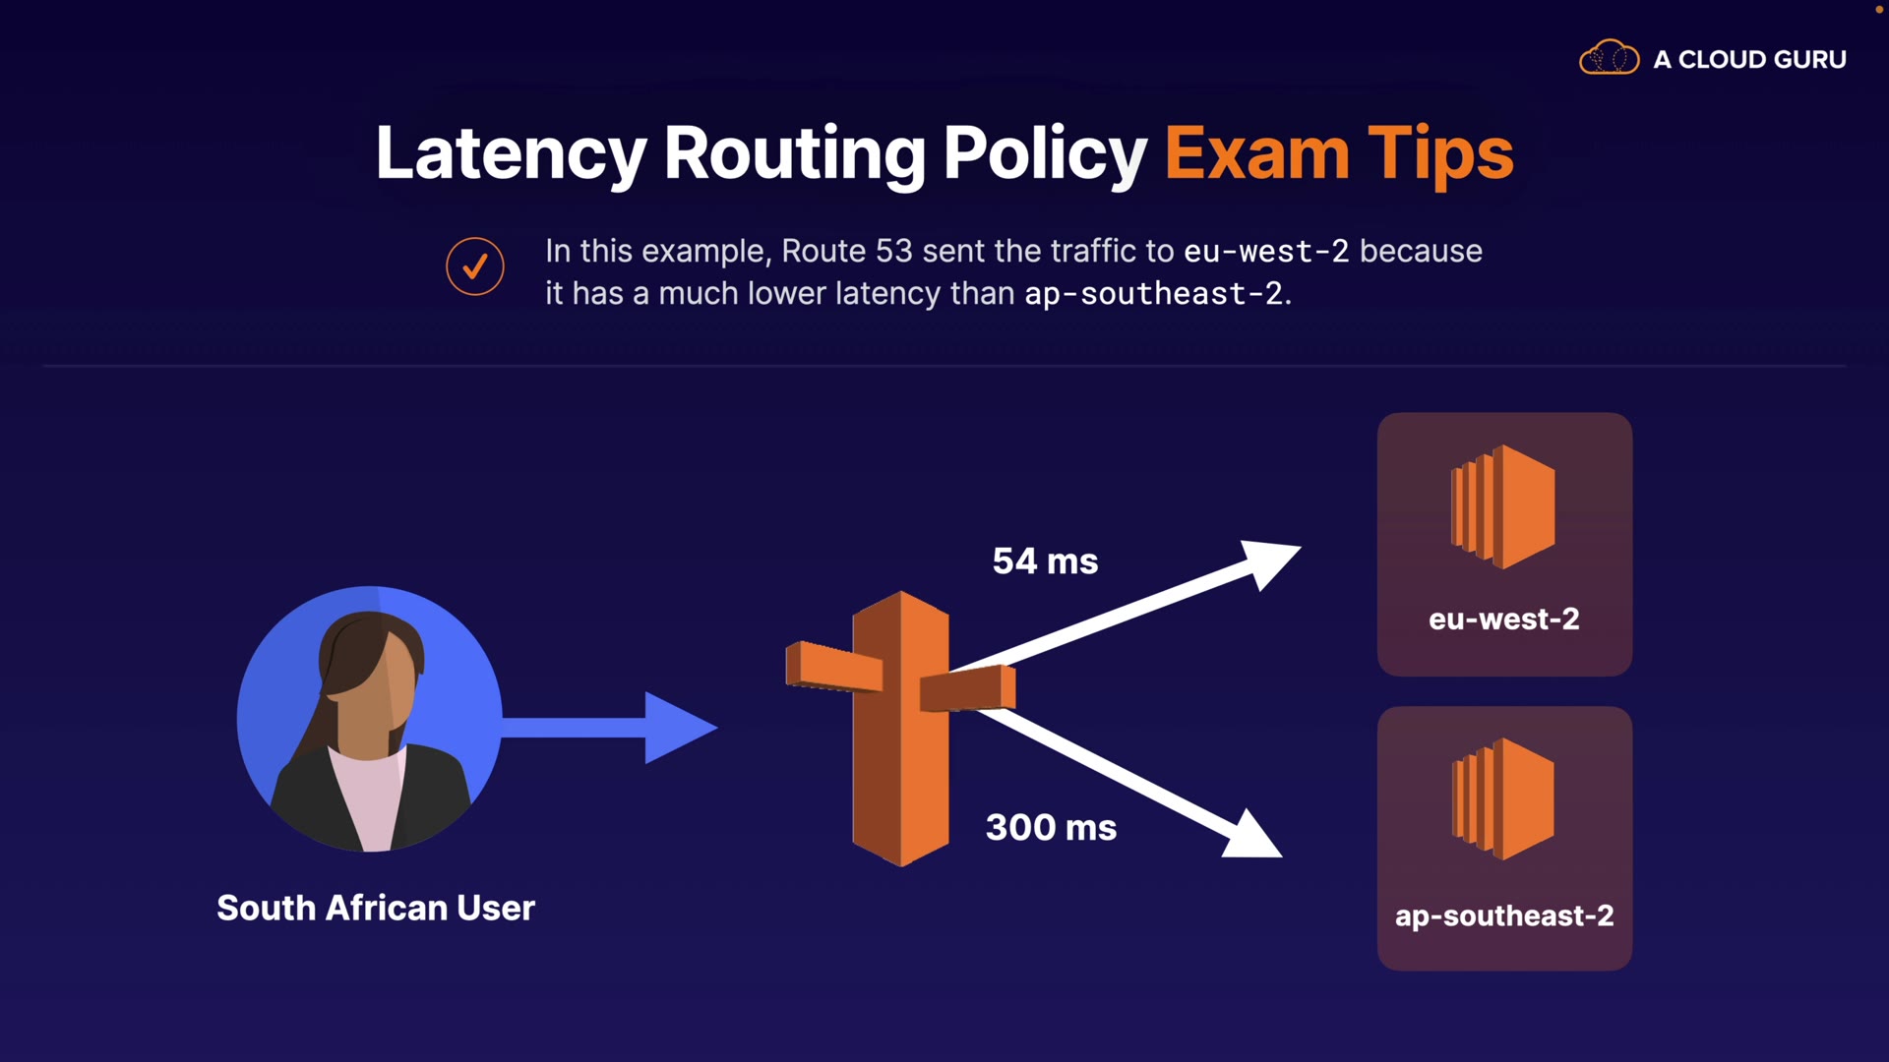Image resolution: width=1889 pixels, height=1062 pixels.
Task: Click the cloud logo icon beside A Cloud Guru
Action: tap(1609, 58)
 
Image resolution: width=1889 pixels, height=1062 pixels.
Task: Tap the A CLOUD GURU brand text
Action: tap(1749, 59)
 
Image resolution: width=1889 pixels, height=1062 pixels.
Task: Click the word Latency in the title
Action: tap(511, 153)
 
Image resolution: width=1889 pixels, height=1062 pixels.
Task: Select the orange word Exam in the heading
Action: tap(1256, 153)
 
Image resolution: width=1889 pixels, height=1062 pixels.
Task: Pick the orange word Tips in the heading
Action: tap(1440, 153)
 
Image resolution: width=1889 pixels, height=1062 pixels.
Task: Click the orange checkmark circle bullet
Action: tap(475, 266)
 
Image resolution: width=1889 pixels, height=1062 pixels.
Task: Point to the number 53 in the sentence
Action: tap(893, 251)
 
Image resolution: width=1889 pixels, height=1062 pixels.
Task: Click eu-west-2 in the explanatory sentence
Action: tap(1265, 252)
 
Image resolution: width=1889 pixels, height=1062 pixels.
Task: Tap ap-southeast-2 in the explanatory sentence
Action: tap(1153, 294)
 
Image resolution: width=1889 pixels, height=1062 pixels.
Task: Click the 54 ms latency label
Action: tap(1045, 561)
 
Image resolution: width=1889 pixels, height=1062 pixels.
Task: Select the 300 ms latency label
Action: tap(1051, 828)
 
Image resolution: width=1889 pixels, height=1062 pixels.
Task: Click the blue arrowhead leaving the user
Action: tap(678, 728)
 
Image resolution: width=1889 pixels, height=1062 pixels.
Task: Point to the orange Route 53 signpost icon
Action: tap(900, 728)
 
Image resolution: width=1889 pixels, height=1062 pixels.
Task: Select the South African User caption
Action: tap(376, 908)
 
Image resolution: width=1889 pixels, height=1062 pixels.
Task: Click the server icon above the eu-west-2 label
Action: tap(1503, 506)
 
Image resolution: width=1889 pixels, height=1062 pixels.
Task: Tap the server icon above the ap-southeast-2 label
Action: tap(1503, 799)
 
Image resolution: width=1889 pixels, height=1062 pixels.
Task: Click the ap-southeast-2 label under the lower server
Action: tap(1504, 915)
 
